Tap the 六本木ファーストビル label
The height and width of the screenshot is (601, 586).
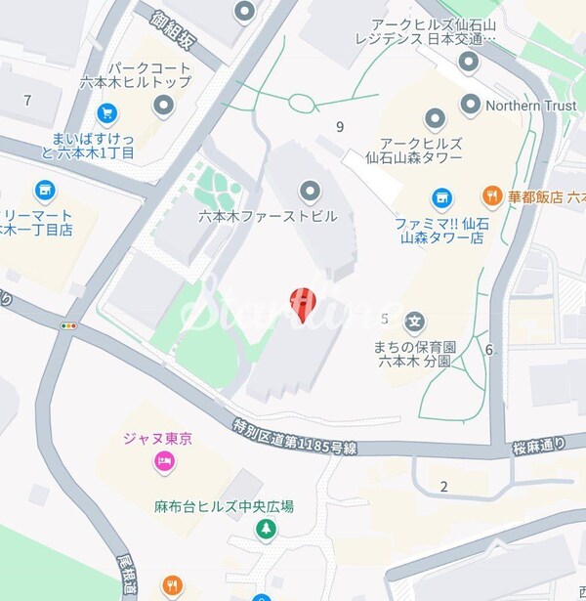point(267,216)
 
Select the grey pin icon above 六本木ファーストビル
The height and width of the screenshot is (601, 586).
point(311,190)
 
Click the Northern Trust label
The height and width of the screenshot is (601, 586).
point(531,104)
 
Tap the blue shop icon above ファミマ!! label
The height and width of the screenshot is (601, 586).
point(441,196)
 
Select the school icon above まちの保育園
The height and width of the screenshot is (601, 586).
point(414,321)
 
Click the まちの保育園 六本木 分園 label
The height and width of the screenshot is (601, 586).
point(414,353)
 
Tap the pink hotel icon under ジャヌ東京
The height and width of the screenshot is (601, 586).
point(163,461)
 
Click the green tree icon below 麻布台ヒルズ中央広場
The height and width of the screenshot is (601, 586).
point(264,529)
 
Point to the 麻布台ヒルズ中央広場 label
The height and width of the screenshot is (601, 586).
point(224,506)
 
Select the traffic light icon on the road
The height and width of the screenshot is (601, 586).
point(68,325)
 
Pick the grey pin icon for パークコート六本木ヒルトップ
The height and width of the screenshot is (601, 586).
point(163,105)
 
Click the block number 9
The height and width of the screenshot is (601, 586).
point(340,125)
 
